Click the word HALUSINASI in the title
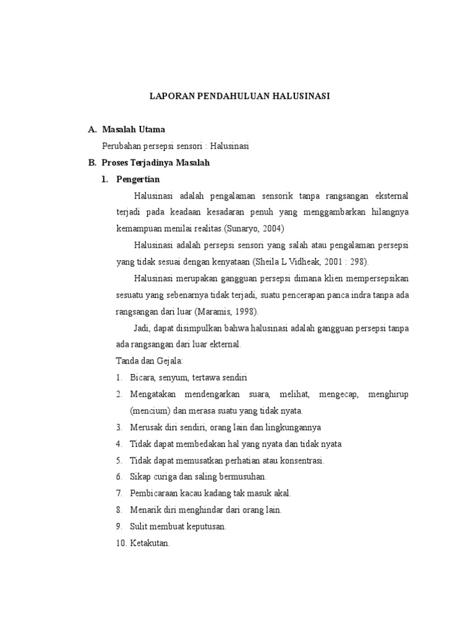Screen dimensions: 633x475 point(300,96)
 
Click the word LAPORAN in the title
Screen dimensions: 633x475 point(172,96)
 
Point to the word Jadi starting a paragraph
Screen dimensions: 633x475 point(142,328)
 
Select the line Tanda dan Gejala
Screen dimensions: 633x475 point(147,361)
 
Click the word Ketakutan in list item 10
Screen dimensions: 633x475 point(150,543)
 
